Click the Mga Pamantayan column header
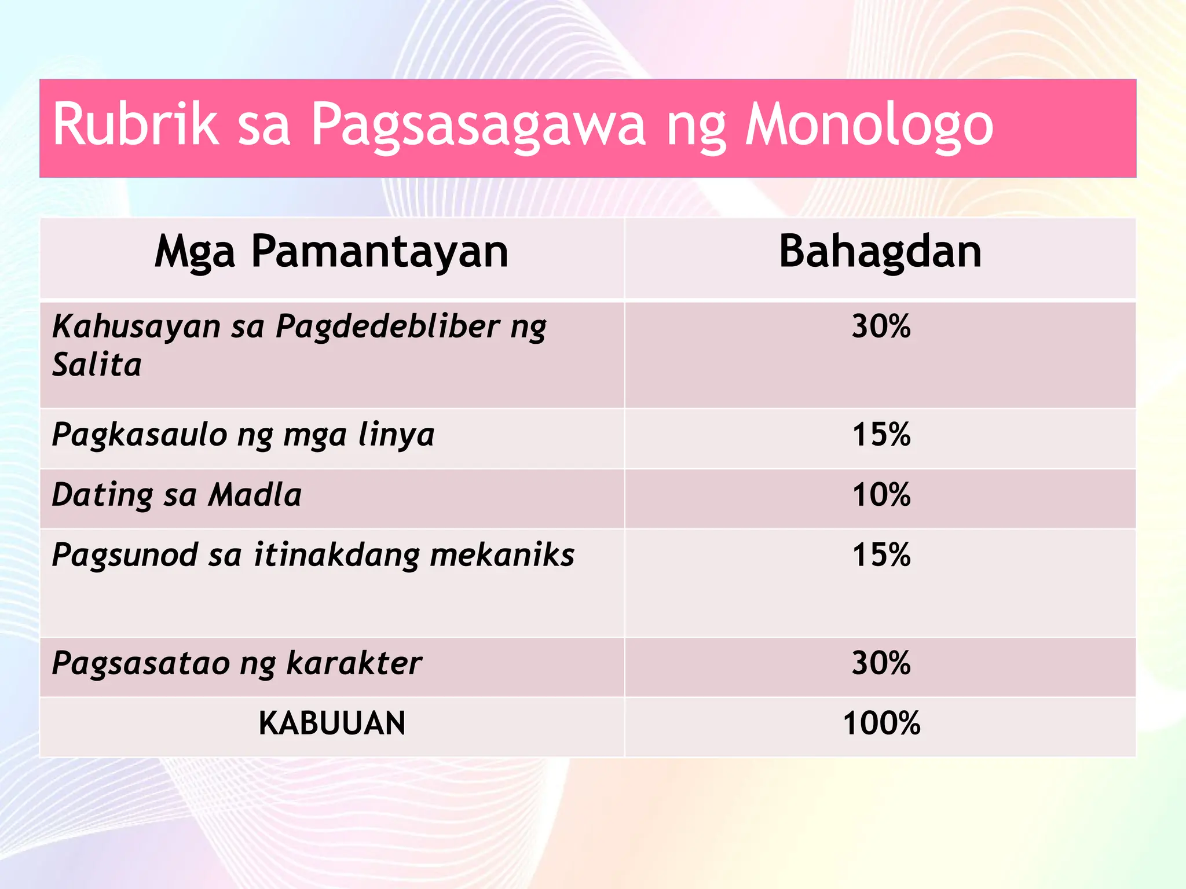tap(331, 252)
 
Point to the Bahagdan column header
tap(880, 252)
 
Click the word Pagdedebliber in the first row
tap(387, 327)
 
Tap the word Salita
tap(97, 365)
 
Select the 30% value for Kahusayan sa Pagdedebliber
tap(881, 326)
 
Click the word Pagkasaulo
tap(139, 435)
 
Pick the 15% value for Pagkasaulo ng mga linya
tap(881, 435)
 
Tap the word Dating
tap(103, 496)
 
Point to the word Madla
tap(255, 495)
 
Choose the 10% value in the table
tap(881, 495)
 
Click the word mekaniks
tap(502, 555)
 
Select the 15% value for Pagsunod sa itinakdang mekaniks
tap(881, 555)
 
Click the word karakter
tap(354, 663)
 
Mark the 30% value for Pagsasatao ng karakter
tap(881, 663)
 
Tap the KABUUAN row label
tap(332, 723)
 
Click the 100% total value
tap(881, 723)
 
